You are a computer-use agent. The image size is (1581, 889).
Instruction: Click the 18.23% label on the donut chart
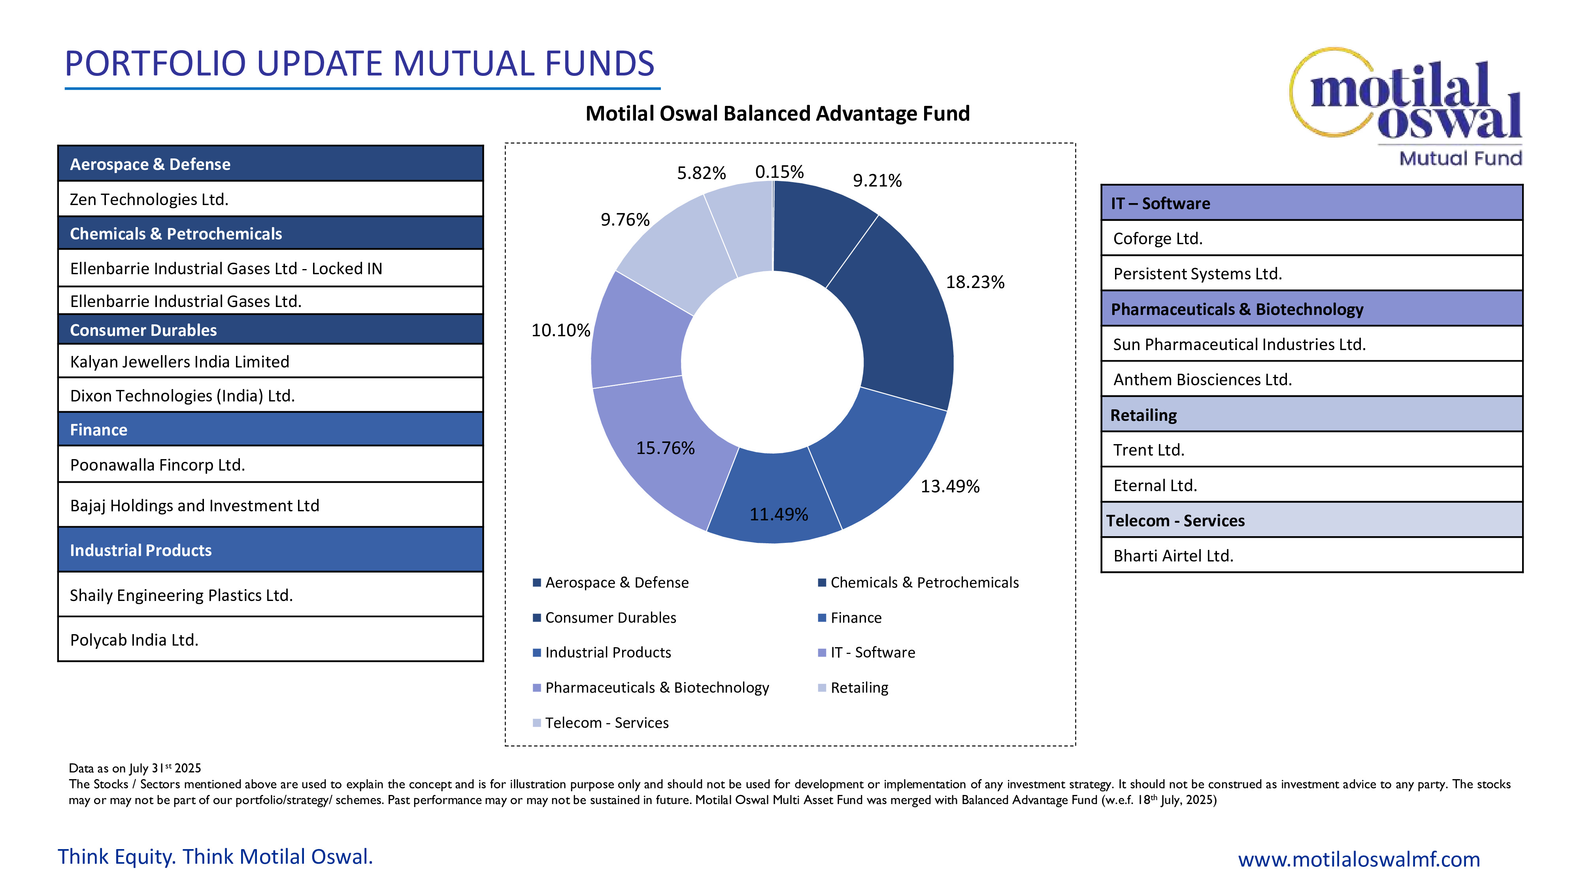[975, 282]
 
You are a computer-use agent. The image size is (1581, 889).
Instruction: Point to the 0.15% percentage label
[779, 172]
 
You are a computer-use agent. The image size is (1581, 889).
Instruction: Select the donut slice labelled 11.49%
[775, 497]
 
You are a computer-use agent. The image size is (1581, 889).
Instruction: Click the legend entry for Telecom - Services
[606, 723]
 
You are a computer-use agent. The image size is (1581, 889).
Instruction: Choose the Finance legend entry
[855, 618]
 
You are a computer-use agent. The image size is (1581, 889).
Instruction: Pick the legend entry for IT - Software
[872, 653]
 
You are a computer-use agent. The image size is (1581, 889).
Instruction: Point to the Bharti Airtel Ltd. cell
[1311, 556]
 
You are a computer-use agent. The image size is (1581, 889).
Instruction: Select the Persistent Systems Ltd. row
[1311, 274]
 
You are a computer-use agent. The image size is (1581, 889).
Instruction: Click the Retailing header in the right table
[1311, 415]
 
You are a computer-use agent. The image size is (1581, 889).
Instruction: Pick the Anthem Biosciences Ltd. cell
[1311, 380]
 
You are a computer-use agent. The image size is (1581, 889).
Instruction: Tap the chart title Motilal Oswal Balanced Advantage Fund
[777, 113]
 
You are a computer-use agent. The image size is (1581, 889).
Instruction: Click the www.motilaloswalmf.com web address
[1358, 859]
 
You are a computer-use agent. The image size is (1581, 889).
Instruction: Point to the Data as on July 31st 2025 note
[135, 768]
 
